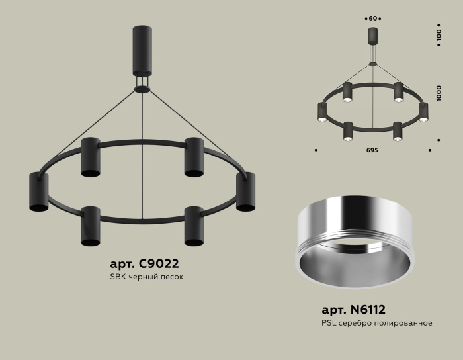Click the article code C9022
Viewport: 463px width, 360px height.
click(x=140, y=263)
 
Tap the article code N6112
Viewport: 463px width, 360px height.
click(x=353, y=309)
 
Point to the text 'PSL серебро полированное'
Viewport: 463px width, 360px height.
click(x=377, y=323)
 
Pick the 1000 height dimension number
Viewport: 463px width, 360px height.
click(x=438, y=92)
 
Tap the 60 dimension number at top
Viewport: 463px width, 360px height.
click(x=372, y=18)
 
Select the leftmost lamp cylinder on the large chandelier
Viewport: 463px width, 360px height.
click(x=38, y=192)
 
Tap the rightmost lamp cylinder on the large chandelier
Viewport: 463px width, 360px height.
click(x=245, y=192)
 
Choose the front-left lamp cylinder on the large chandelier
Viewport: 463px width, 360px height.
click(x=90, y=226)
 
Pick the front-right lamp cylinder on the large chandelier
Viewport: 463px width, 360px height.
click(x=194, y=226)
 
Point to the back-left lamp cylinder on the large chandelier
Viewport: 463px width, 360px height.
click(x=90, y=157)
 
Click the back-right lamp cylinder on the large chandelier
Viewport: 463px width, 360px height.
click(x=193, y=157)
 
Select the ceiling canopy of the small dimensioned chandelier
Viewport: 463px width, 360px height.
click(x=372, y=36)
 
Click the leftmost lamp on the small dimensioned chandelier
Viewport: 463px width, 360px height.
click(x=322, y=112)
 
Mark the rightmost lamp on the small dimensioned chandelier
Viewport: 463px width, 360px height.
click(x=423, y=112)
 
